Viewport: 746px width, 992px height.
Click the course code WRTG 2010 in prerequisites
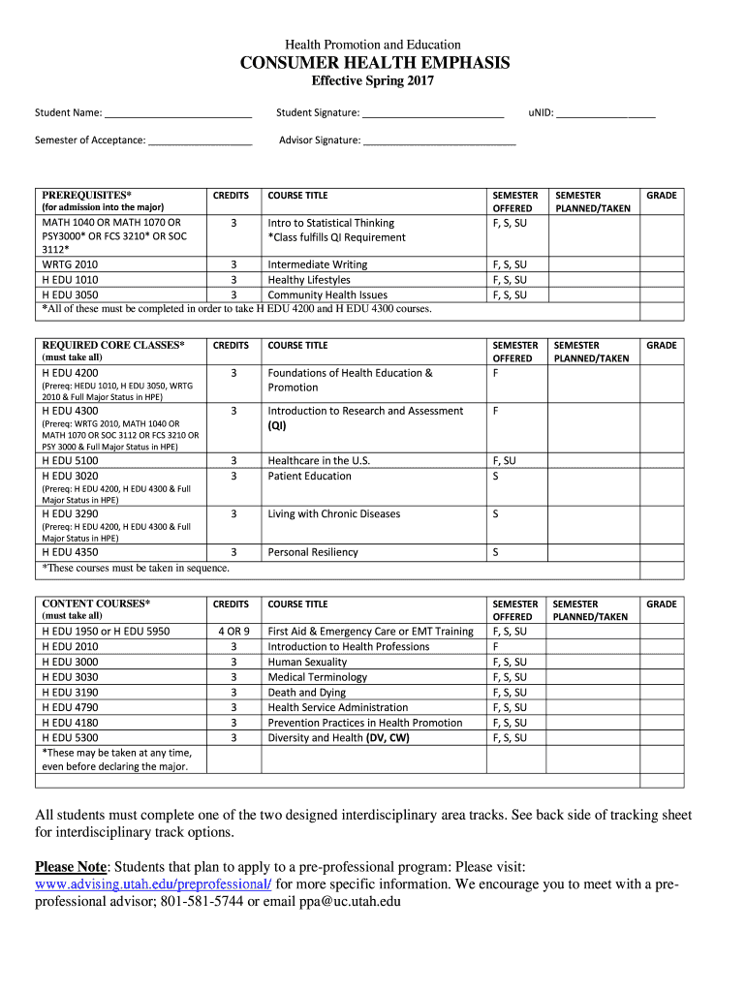pos(71,264)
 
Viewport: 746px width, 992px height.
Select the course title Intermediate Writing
pos(317,264)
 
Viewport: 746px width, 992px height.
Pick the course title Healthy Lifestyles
pos(309,280)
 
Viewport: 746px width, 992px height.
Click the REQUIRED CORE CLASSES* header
pos(113,345)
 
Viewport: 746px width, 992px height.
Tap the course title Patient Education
pos(309,476)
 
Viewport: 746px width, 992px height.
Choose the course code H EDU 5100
pos(71,460)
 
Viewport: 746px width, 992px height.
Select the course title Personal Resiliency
pos(312,552)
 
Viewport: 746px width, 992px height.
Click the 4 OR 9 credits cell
pos(233,631)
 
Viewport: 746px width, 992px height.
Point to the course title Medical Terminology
pos(317,677)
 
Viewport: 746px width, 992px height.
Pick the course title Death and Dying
pos(306,693)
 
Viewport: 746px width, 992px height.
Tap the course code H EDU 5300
pos(71,738)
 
